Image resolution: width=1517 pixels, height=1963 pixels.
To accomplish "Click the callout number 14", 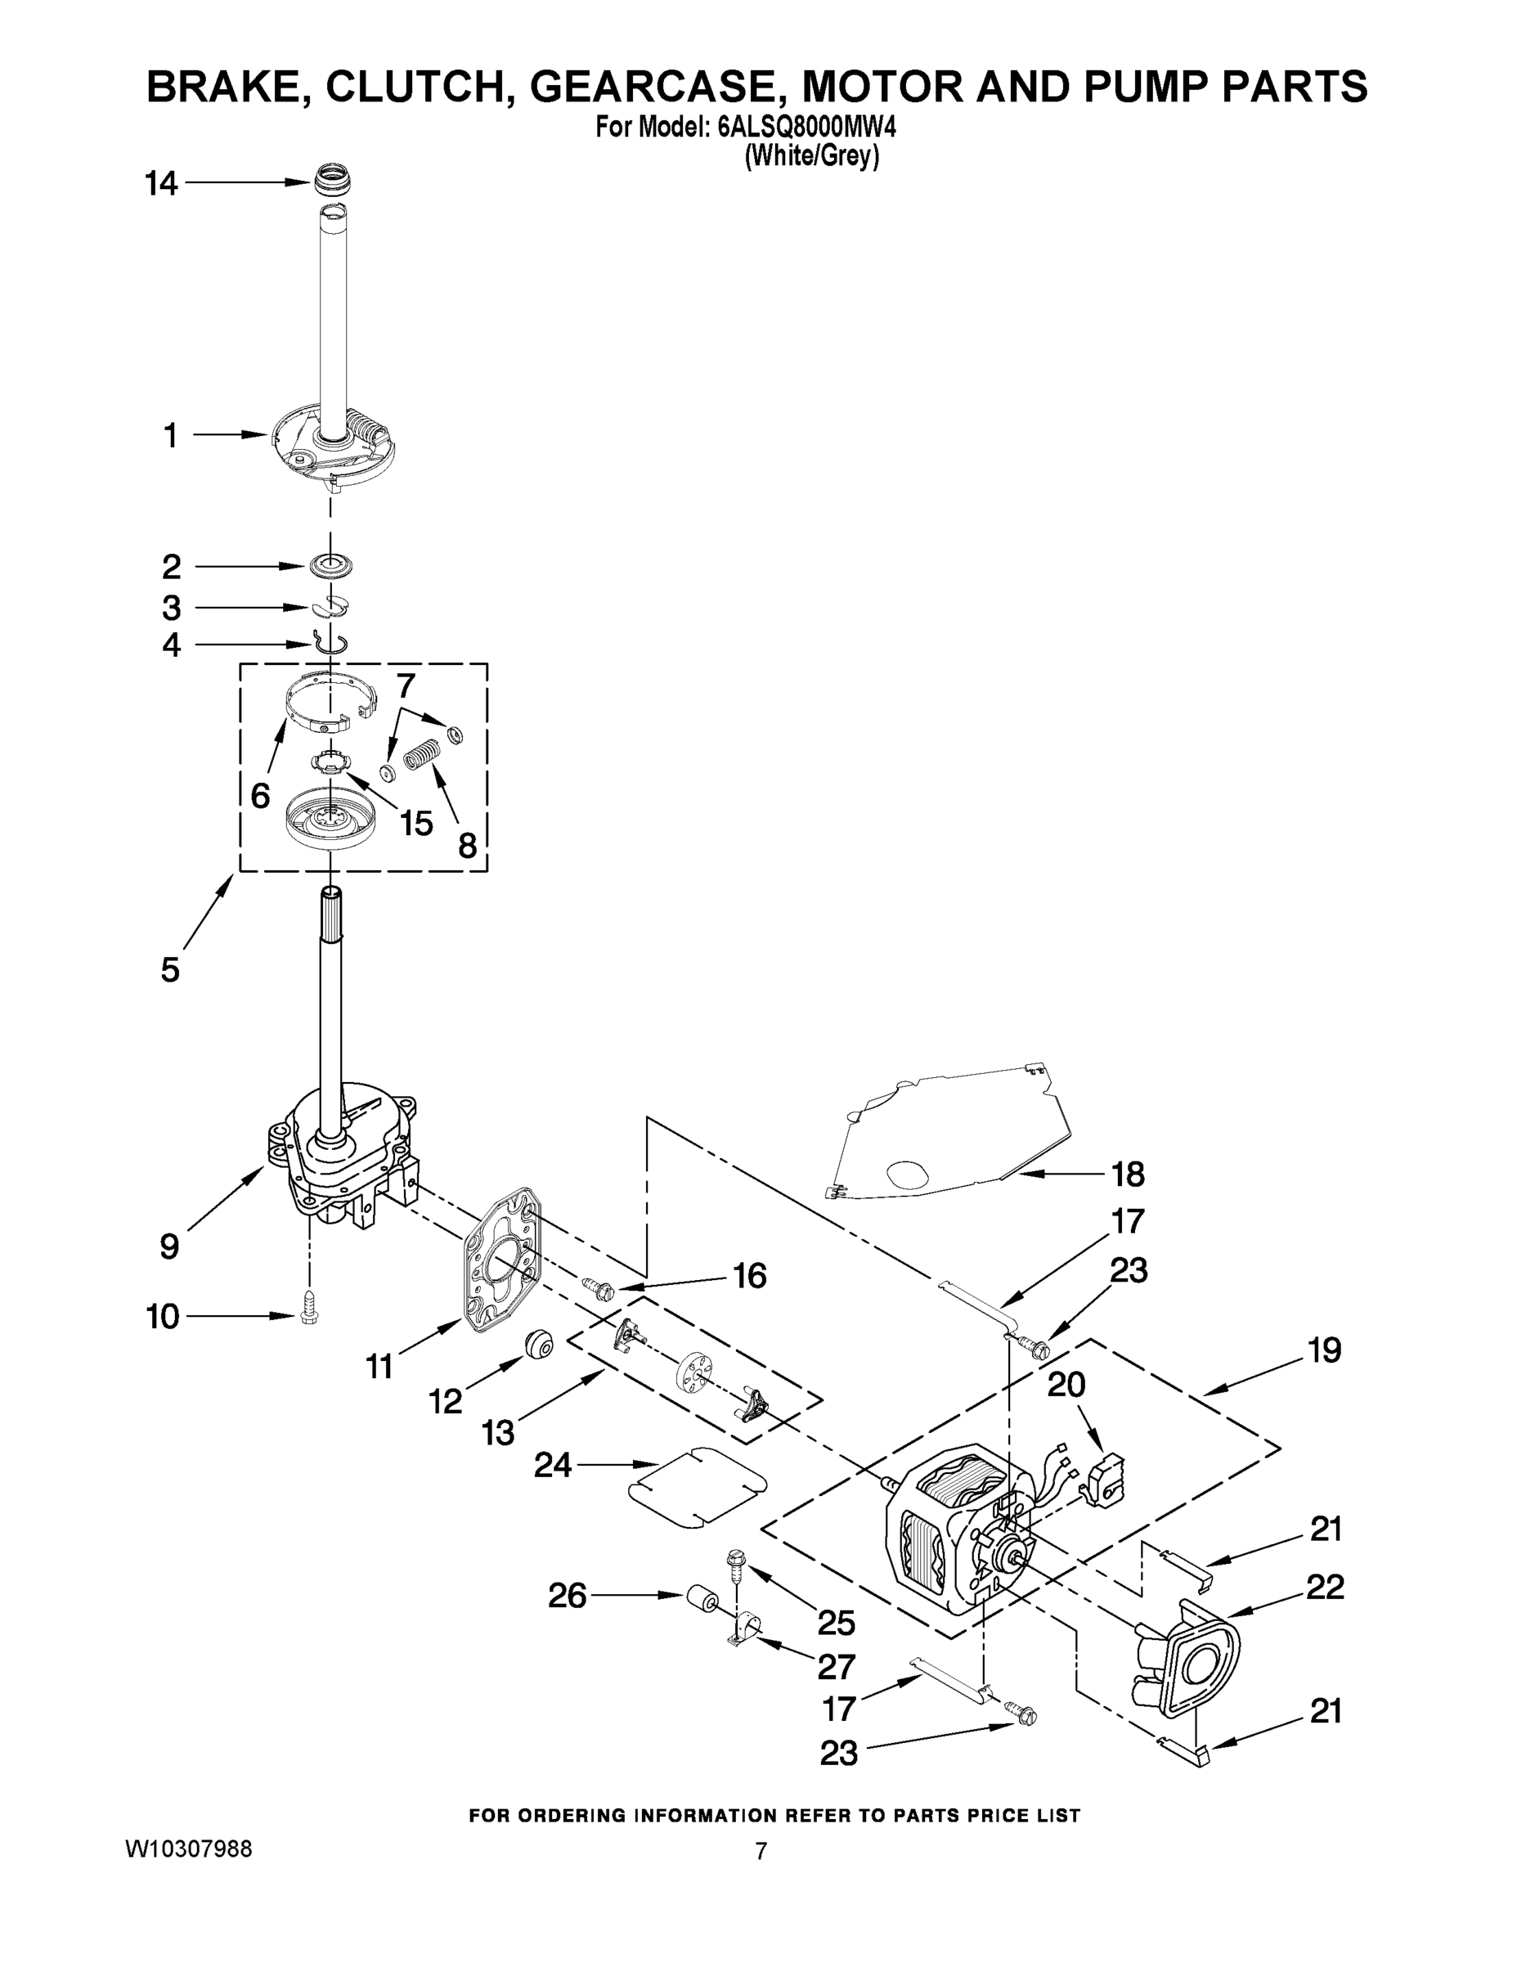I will [x=162, y=184].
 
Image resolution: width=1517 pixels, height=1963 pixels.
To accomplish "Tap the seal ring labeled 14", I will [x=332, y=179].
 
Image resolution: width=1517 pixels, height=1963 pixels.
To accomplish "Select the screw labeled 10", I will [x=310, y=1318].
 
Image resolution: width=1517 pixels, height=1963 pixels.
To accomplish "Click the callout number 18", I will [x=1128, y=1174].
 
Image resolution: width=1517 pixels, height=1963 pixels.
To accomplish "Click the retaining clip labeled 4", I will [x=330, y=642].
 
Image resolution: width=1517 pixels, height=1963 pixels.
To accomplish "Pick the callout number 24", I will [x=553, y=1465].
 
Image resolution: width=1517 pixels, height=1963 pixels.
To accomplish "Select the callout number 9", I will [x=169, y=1247].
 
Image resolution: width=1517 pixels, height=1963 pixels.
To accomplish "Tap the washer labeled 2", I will [x=330, y=566].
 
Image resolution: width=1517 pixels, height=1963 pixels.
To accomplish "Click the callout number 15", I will [x=416, y=822].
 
